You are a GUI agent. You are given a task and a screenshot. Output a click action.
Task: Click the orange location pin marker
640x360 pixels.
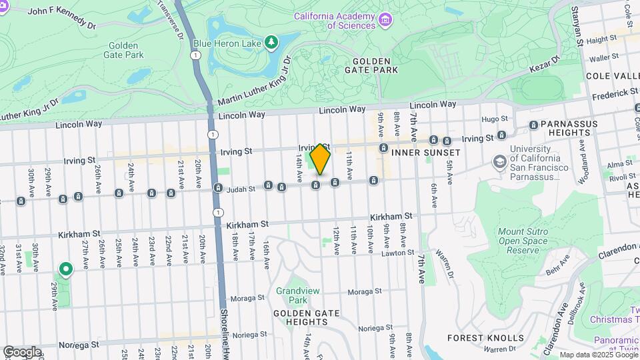[x=320, y=159]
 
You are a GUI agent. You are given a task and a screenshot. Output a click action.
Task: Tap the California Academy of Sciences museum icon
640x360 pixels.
[x=385, y=21]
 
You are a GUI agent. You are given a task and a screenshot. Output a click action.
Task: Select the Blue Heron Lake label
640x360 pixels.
[x=227, y=44]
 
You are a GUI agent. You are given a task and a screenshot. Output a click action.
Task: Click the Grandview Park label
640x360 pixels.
[x=293, y=295]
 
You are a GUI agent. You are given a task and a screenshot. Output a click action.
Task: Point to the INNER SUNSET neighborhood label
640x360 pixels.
[x=427, y=153]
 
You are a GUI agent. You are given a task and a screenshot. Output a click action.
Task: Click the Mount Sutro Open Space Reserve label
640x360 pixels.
[x=518, y=241]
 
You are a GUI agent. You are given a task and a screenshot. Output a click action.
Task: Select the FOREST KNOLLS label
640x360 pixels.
[x=485, y=338]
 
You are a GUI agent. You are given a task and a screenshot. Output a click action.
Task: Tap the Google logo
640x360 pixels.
[x=22, y=351]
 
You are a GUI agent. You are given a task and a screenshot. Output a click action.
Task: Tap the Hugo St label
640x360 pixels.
[x=495, y=119]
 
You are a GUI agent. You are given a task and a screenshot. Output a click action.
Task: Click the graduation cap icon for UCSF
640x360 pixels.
[x=499, y=162]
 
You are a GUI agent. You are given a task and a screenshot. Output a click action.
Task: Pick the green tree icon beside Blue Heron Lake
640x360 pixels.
[x=271, y=43]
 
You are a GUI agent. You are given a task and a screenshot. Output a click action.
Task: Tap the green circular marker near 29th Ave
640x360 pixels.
[x=65, y=269]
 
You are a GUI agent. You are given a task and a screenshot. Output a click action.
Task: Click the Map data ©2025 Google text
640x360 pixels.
[x=598, y=355]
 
